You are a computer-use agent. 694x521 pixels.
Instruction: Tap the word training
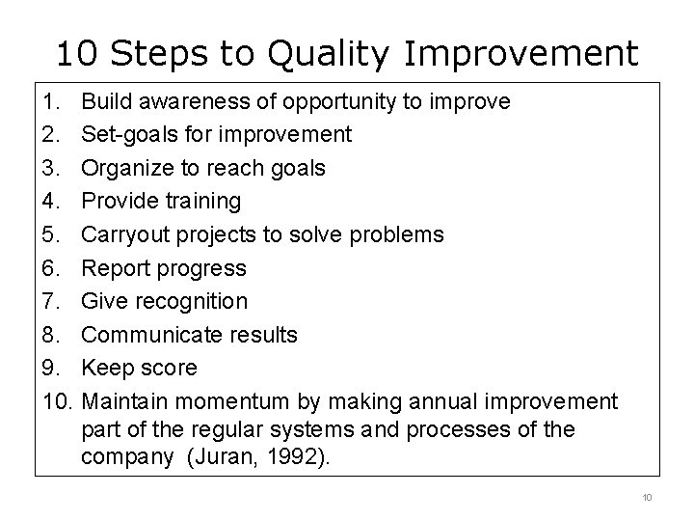pyautogui.click(x=203, y=201)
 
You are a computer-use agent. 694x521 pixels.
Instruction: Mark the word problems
pyautogui.click(x=399, y=234)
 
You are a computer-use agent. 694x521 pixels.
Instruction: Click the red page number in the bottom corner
pyautogui.click(x=647, y=497)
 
